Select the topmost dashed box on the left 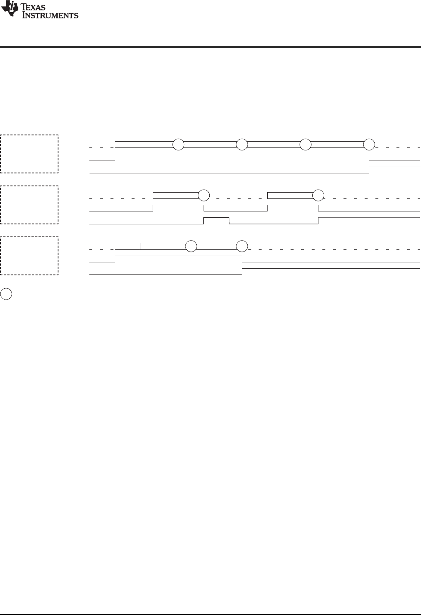(29, 154)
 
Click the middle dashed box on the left (29, 205)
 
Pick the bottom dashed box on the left (29, 256)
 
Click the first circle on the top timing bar (178, 145)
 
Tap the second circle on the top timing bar (242, 145)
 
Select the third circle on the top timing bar (306, 145)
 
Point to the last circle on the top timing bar (369, 145)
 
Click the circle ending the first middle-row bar (204, 195)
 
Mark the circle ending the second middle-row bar (319, 195)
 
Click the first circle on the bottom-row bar (191, 246)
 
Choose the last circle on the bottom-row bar (242, 246)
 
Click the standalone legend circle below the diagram (6, 294)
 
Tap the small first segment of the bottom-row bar (127, 246)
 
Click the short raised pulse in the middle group (216, 221)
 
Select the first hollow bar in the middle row (175, 195)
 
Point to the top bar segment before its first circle (144, 145)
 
